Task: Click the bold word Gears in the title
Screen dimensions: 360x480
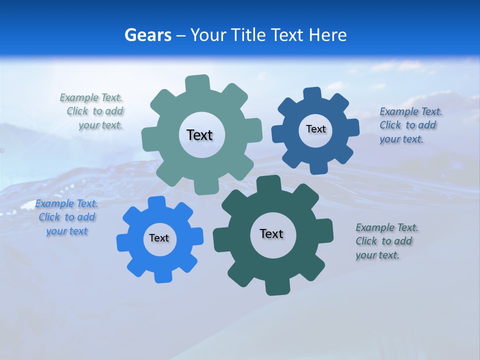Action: pyautogui.click(x=147, y=35)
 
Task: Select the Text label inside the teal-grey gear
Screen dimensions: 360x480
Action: pyautogui.click(x=199, y=135)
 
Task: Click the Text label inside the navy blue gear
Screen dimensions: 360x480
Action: pyautogui.click(x=315, y=129)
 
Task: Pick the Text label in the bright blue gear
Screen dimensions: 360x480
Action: pyautogui.click(x=159, y=238)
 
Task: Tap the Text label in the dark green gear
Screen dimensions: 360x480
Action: pyautogui.click(x=271, y=233)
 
